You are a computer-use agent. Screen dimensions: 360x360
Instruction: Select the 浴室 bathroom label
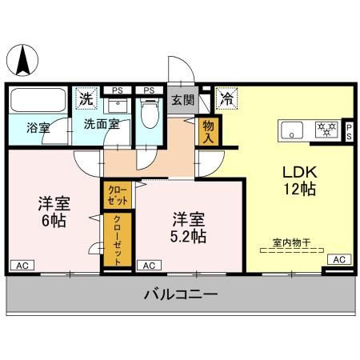(x=38, y=126)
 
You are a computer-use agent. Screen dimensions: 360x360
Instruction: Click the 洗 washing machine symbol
(x=86, y=100)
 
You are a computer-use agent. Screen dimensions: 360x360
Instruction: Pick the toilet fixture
(x=149, y=115)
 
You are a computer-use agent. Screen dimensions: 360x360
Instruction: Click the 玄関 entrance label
(x=182, y=101)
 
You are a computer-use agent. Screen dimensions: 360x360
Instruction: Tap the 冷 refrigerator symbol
(x=227, y=100)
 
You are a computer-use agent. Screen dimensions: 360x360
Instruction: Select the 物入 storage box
(x=209, y=130)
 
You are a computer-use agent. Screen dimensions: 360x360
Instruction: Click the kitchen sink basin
(x=290, y=130)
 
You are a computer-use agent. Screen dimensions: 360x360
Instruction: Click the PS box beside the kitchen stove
(x=349, y=130)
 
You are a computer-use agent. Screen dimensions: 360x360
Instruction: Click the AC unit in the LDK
(x=339, y=259)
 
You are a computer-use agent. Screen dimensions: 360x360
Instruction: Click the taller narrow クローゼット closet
(x=117, y=241)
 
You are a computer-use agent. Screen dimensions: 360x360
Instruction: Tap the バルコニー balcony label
(x=181, y=294)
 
